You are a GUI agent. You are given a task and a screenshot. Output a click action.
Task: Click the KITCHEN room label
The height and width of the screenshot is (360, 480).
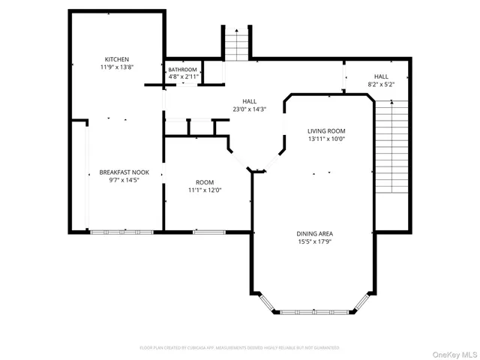click(116, 59)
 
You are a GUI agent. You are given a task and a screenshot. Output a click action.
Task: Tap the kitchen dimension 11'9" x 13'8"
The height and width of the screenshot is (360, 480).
click(116, 67)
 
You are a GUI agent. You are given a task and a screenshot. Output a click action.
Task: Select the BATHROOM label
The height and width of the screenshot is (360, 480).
click(182, 69)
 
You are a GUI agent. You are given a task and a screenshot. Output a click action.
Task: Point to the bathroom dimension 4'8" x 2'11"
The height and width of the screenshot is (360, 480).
click(182, 76)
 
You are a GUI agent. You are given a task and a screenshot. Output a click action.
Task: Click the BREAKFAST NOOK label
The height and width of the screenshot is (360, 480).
click(119, 172)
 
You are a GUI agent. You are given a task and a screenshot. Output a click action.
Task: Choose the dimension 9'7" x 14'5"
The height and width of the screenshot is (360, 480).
click(119, 181)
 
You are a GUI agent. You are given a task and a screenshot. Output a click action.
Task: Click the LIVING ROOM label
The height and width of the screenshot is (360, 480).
click(326, 130)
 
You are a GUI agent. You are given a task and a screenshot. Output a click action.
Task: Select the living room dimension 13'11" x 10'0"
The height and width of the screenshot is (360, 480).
click(326, 139)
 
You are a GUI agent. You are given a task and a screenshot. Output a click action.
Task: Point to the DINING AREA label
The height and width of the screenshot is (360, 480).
click(313, 234)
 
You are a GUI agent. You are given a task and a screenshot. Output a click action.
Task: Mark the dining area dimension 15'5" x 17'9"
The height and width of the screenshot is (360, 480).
click(313, 242)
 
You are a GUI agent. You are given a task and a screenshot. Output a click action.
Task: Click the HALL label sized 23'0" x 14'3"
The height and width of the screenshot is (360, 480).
click(249, 101)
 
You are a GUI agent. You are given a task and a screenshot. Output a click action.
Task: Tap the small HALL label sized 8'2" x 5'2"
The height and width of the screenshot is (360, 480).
click(381, 76)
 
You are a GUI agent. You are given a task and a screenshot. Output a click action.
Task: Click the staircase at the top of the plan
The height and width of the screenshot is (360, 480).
click(235, 44)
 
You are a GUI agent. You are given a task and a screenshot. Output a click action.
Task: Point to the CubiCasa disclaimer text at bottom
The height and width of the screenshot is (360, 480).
click(239, 348)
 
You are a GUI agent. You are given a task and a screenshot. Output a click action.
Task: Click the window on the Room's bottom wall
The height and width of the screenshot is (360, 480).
click(203, 232)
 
